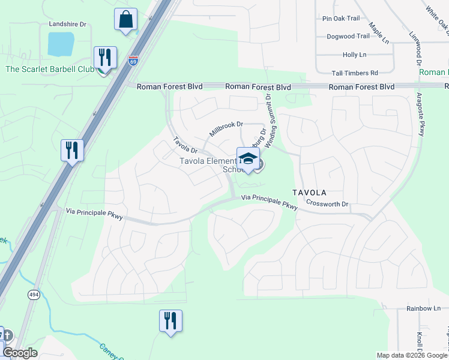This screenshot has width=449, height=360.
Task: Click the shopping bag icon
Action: (x=125, y=19)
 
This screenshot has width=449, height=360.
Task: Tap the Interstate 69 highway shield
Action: (x=133, y=61)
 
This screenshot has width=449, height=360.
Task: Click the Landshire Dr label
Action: (x=68, y=25)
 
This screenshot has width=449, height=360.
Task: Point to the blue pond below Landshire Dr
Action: (x=61, y=44)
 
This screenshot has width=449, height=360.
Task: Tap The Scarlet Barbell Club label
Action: (x=50, y=70)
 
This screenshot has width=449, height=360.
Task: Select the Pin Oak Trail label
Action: (x=341, y=19)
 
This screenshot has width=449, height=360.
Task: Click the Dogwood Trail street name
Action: (x=348, y=37)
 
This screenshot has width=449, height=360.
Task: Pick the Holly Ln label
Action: (x=354, y=55)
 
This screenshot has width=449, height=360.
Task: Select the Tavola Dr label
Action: (x=185, y=145)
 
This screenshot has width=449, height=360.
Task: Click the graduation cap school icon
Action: (x=247, y=159)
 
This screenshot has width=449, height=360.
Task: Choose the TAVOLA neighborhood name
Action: (x=309, y=193)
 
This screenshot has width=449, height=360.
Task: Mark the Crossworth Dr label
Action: (x=327, y=204)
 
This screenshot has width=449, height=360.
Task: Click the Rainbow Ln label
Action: (x=423, y=308)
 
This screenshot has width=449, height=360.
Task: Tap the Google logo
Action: (x=20, y=353)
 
